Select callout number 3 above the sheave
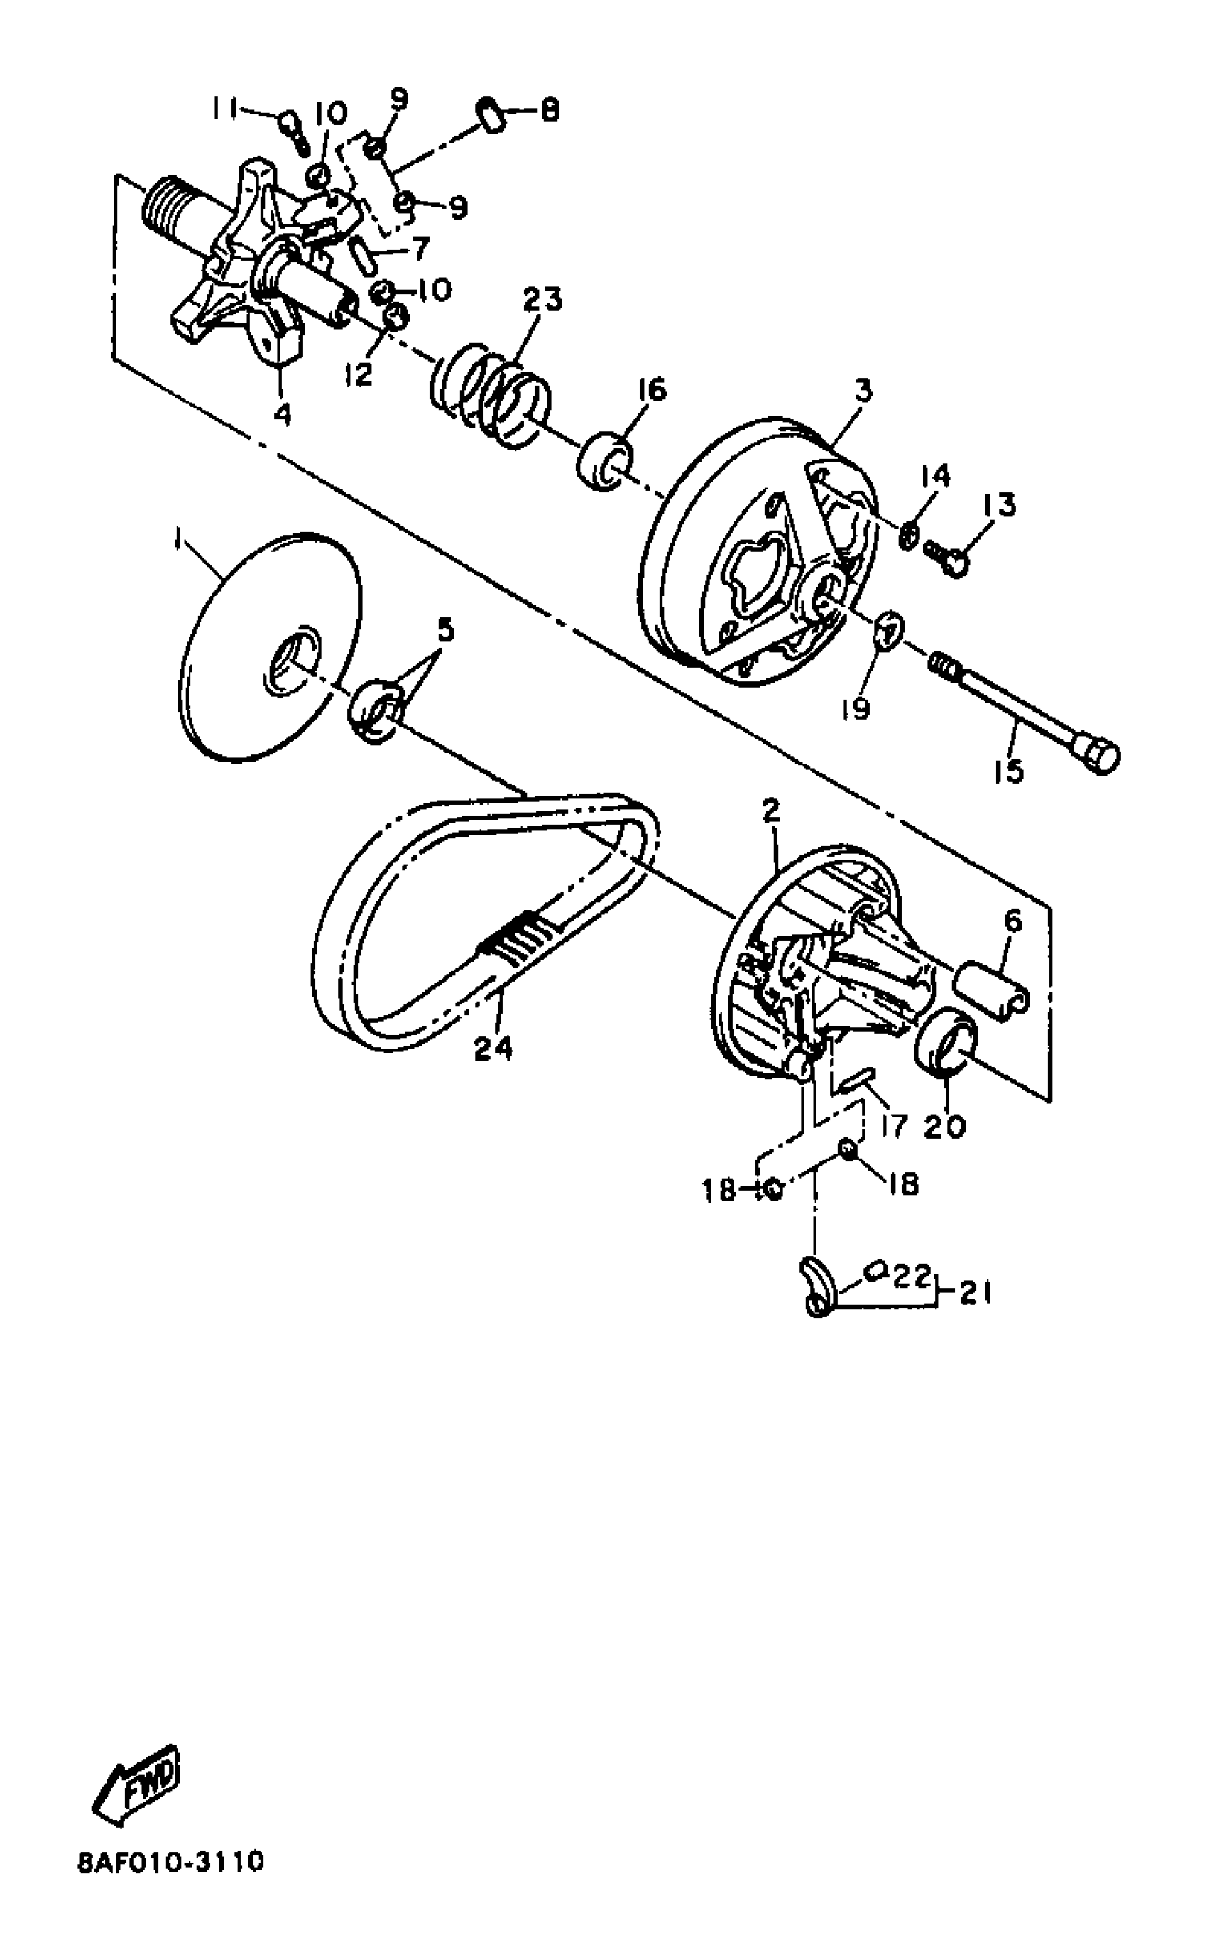coord(862,392)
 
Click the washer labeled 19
coord(886,631)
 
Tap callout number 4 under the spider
coord(282,414)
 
